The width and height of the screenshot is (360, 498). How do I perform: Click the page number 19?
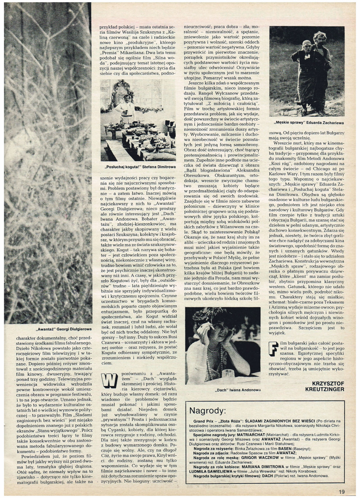pos(341,490)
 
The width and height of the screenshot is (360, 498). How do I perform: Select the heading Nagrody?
pos(207,411)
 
